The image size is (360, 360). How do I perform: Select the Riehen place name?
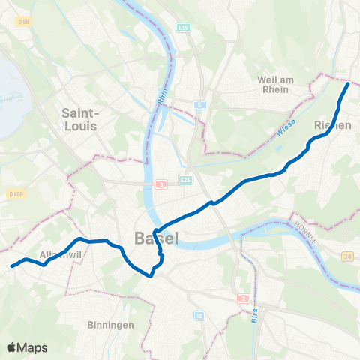pos(333,126)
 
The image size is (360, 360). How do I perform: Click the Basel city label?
pos(156,239)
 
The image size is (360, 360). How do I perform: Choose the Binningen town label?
pos(109,325)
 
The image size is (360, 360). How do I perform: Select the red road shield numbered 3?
pos(160,184)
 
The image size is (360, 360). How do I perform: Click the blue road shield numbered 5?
pos(199,105)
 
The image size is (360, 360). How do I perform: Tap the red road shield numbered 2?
pos(244,298)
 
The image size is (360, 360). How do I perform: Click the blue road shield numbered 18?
pos(199,316)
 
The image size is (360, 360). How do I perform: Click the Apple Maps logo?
pos(28,347)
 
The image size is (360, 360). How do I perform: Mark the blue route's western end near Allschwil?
pos(11,265)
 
